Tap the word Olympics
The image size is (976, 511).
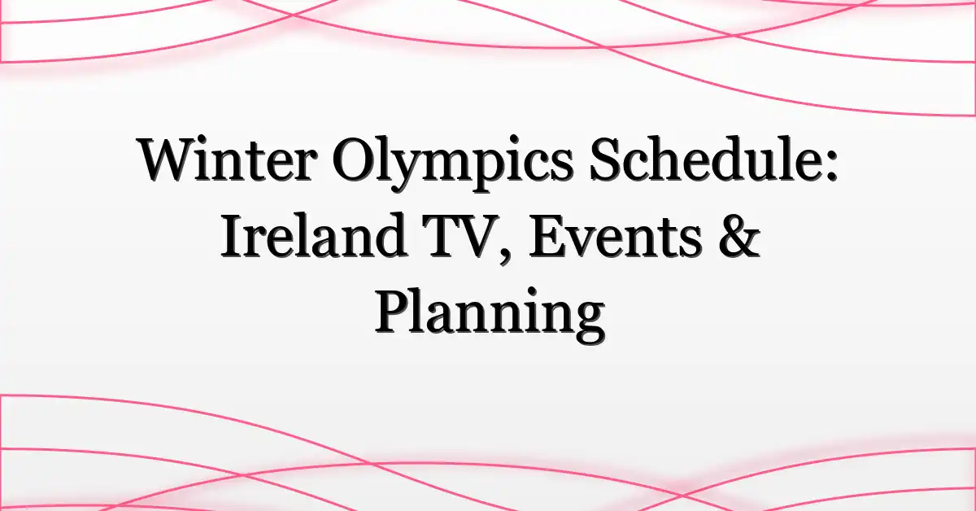click(451, 164)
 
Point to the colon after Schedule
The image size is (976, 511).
click(831, 166)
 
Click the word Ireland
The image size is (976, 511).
click(314, 234)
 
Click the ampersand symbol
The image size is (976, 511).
click(739, 235)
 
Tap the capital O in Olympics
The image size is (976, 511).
click(355, 159)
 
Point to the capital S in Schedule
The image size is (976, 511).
click(606, 159)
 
